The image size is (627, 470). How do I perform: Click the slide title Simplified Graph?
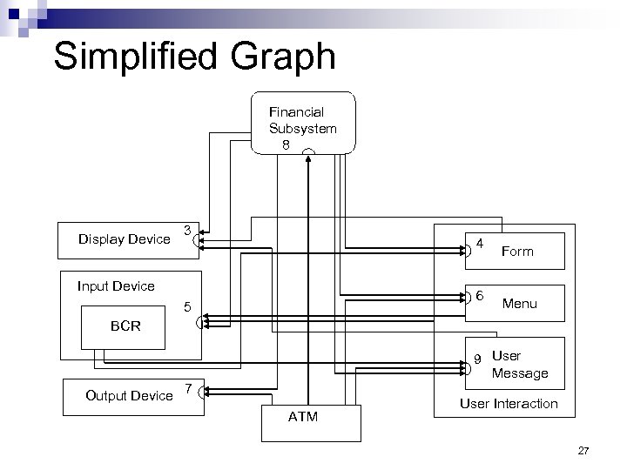coord(193,57)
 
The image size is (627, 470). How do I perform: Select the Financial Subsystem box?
coord(303,123)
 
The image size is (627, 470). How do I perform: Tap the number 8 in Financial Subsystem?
coord(286,145)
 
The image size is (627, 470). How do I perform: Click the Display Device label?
coord(125,238)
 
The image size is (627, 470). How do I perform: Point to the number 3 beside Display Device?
coord(187,230)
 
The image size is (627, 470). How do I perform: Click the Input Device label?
coord(116,285)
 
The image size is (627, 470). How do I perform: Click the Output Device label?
coord(129,395)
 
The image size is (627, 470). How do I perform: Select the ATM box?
coord(311,421)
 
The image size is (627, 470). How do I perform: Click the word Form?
coord(517,251)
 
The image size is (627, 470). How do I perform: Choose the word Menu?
coord(519,304)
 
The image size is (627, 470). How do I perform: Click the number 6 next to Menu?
coord(480,295)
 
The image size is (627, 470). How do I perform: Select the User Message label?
coord(520,365)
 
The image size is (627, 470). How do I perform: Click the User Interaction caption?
coord(509,403)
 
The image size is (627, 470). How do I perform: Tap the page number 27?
coord(583,451)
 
